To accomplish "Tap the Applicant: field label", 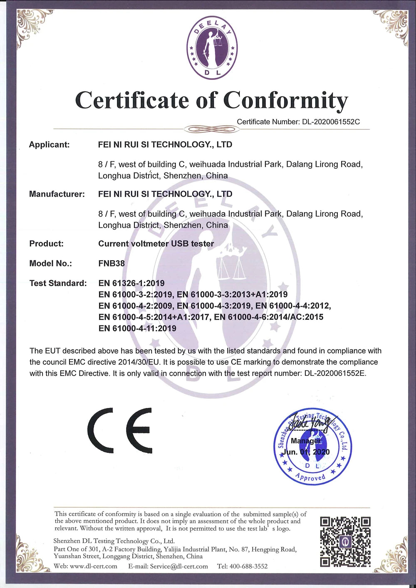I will tap(49, 145).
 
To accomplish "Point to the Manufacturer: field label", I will tap(57, 194).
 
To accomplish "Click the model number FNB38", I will tap(111, 263).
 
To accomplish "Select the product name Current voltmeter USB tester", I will tap(156, 244).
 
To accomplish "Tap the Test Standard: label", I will tap(58, 283).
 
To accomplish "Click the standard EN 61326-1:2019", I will tap(131, 283).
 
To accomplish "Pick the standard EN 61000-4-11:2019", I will tap(137, 328).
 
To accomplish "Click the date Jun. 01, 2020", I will tap(306, 452).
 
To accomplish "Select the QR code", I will tap(345, 541).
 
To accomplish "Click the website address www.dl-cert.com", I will tap(93, 566).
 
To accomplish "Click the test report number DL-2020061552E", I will tap(335, 373).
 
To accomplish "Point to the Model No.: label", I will tap(50, 263).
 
